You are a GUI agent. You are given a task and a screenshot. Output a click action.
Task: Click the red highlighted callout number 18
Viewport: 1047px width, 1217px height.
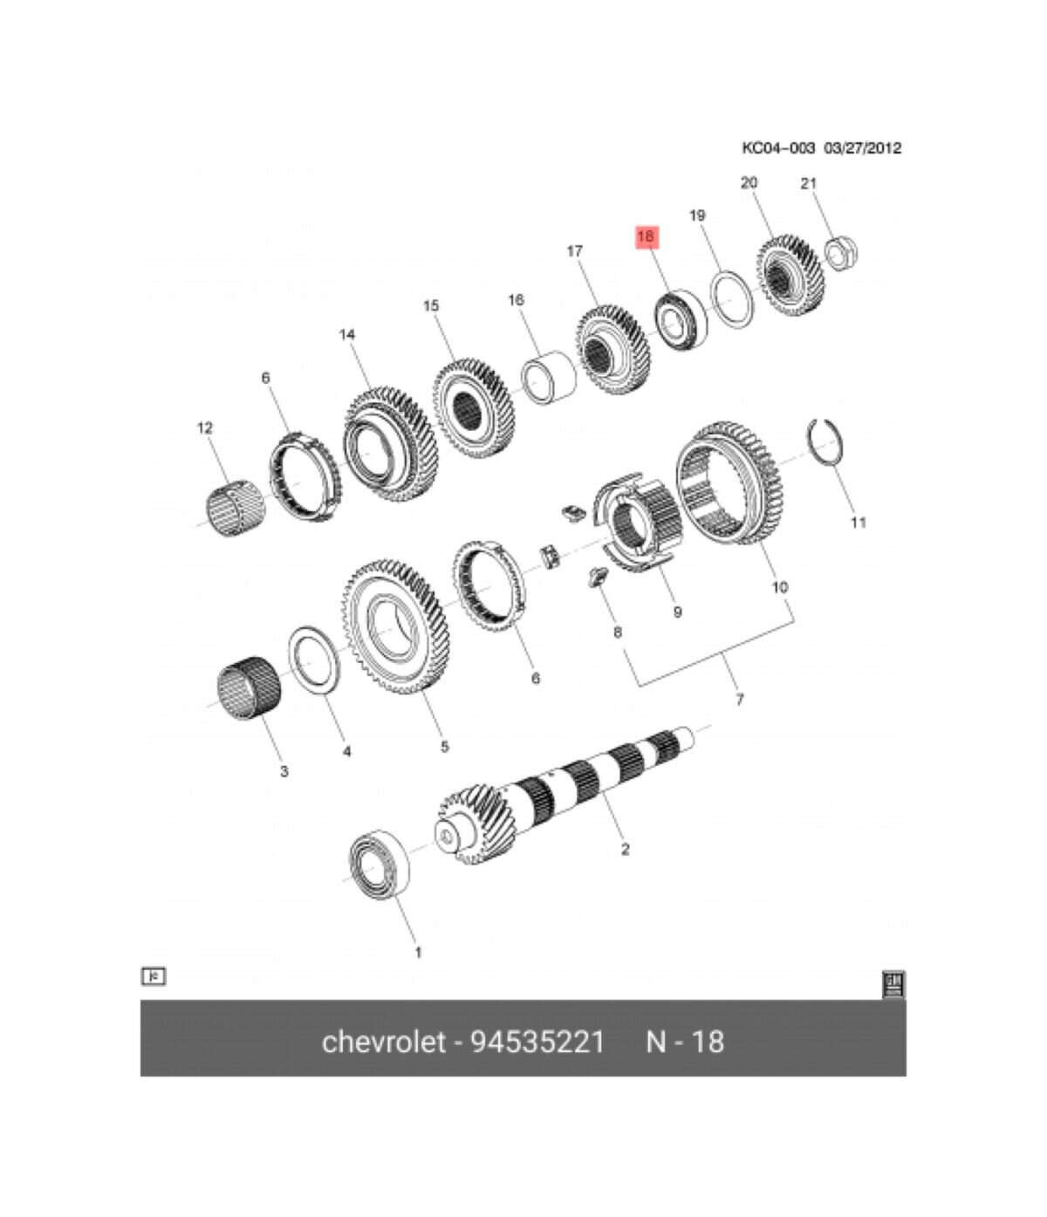pyautogui.click(x=646, y=236)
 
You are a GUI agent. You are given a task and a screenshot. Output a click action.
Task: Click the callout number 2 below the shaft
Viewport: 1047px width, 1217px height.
pyautogui.click(x=625, y=849)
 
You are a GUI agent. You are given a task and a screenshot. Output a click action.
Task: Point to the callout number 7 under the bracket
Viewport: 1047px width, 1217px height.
pyautogui.click(x=739, y=700)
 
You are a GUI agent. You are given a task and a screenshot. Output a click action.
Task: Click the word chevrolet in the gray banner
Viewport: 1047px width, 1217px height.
pyautogui.click(x=383, y=1042)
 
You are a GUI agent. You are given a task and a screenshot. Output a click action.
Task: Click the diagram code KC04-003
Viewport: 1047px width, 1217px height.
pyautogui.click(x=778, y=148)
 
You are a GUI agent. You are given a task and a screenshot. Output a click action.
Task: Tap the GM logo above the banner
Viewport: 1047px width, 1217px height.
pyautogui.click(x=893, y=984)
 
